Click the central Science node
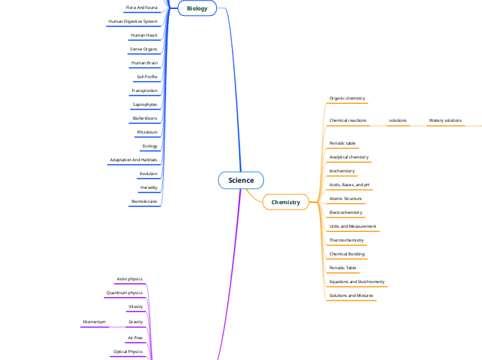[x=241, y=181]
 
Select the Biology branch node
[x=197, y=8]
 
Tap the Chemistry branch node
[x=285, y=202]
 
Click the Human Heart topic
[x=144, y=35]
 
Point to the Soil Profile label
[x=147, y=77]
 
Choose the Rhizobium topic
[x=147, y=132]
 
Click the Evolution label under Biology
[x=148, y=174]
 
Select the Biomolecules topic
[x=144, y=201]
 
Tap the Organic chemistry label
[x=347, y=99]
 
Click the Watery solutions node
[x=445, y=120]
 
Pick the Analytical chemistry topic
[x=348, y=157]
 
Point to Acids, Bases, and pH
[x=349, y=185]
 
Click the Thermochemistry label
[x=346, y=240]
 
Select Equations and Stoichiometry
[x=357, y=282]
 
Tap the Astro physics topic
[x=130, y=279]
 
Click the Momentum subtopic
[x=94, y=322]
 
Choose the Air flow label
[x=134, y=338]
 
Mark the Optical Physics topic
[x=127, y=352]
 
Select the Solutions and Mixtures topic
[x=351, y=296]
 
